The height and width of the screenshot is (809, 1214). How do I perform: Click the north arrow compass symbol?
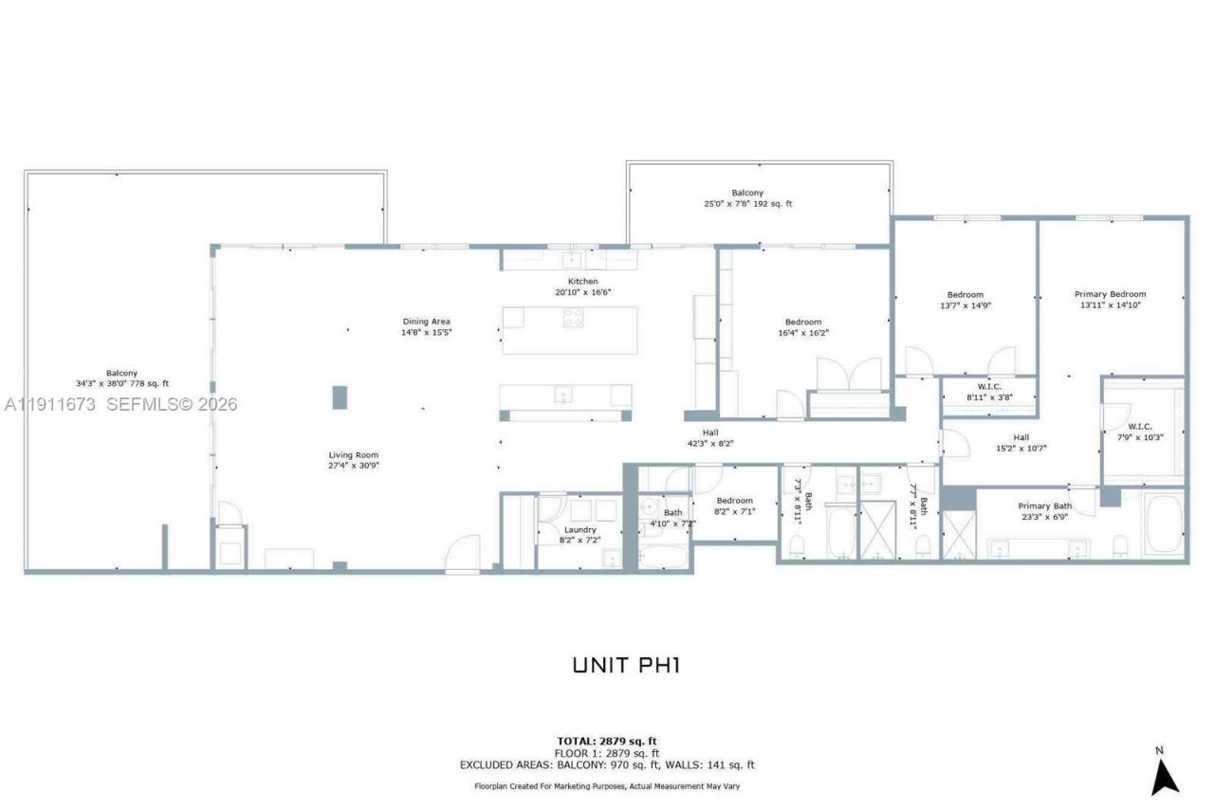(x=1164, y=772)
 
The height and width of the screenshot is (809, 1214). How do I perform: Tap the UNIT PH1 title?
(x=626, y=665)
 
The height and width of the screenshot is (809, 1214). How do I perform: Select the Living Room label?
(x=354, y=460)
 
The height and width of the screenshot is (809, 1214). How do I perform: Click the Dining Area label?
(x=426, y=326)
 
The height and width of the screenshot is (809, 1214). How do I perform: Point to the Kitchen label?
(x=582, y=286)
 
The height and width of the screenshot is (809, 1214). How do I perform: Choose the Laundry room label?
(x=579, y=535)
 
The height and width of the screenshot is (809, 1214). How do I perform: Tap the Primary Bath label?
(x=1044, y=511)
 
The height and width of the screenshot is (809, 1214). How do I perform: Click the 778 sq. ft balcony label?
(x=123, y=377)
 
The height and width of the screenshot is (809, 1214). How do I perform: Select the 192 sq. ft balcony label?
(x=747, y=198)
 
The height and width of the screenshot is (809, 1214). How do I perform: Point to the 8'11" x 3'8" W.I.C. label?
(x=989, y=392)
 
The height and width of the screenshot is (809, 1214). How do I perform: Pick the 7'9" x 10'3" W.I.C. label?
(x=1140, y=432)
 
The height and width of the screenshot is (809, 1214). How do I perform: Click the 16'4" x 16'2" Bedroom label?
(x=802, y=327)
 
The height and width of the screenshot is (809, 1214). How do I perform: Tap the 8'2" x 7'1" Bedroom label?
(x=734, y=506)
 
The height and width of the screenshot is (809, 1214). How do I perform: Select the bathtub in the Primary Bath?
(x=1162, y=524)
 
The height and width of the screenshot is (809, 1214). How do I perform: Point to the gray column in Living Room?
(x=340, y=396)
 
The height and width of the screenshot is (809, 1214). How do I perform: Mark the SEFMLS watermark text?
(x=120, y=405)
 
